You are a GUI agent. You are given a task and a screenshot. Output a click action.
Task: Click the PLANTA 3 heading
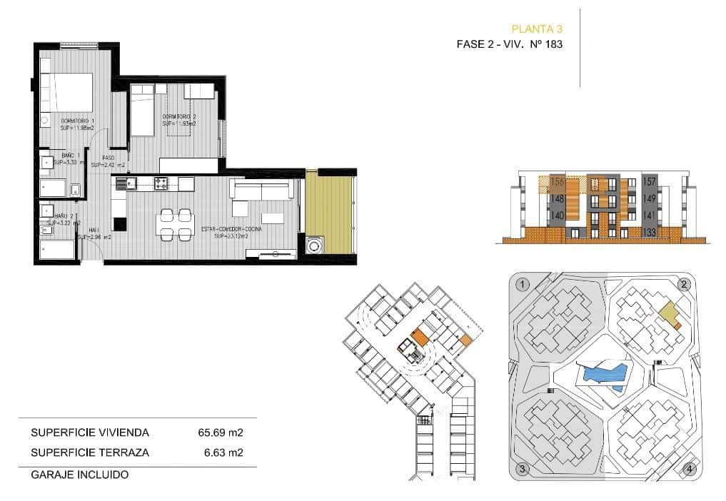(x=537, y=29)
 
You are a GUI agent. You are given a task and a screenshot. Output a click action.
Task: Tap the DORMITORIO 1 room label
(x=78, y=121)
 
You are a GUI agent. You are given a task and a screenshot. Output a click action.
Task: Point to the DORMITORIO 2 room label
(x=179, y=116)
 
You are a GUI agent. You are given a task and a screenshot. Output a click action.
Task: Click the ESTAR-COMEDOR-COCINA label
(x=230, y=229)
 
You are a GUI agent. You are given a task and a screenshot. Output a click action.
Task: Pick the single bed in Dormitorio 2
(x=142, y=110)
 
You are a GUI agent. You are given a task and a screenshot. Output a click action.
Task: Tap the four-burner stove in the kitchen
(x=161, y=183)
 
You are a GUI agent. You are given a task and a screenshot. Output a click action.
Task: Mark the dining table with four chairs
(x=175, y=223)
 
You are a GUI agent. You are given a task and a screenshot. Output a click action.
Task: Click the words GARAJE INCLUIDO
(x=80, y=474)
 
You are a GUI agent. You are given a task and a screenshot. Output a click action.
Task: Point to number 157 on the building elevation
(x=649, y=182)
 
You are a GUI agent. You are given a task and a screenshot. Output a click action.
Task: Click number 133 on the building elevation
(x=649, y=232)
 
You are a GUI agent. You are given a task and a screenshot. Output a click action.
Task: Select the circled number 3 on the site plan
(x=523, y=468)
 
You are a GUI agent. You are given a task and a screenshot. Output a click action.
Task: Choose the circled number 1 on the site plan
(x=523, y=285)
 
